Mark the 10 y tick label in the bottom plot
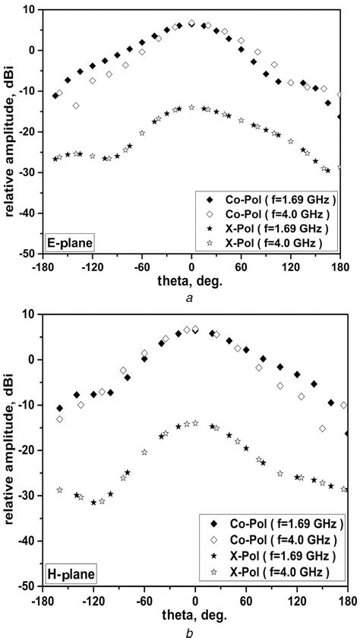31,314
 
